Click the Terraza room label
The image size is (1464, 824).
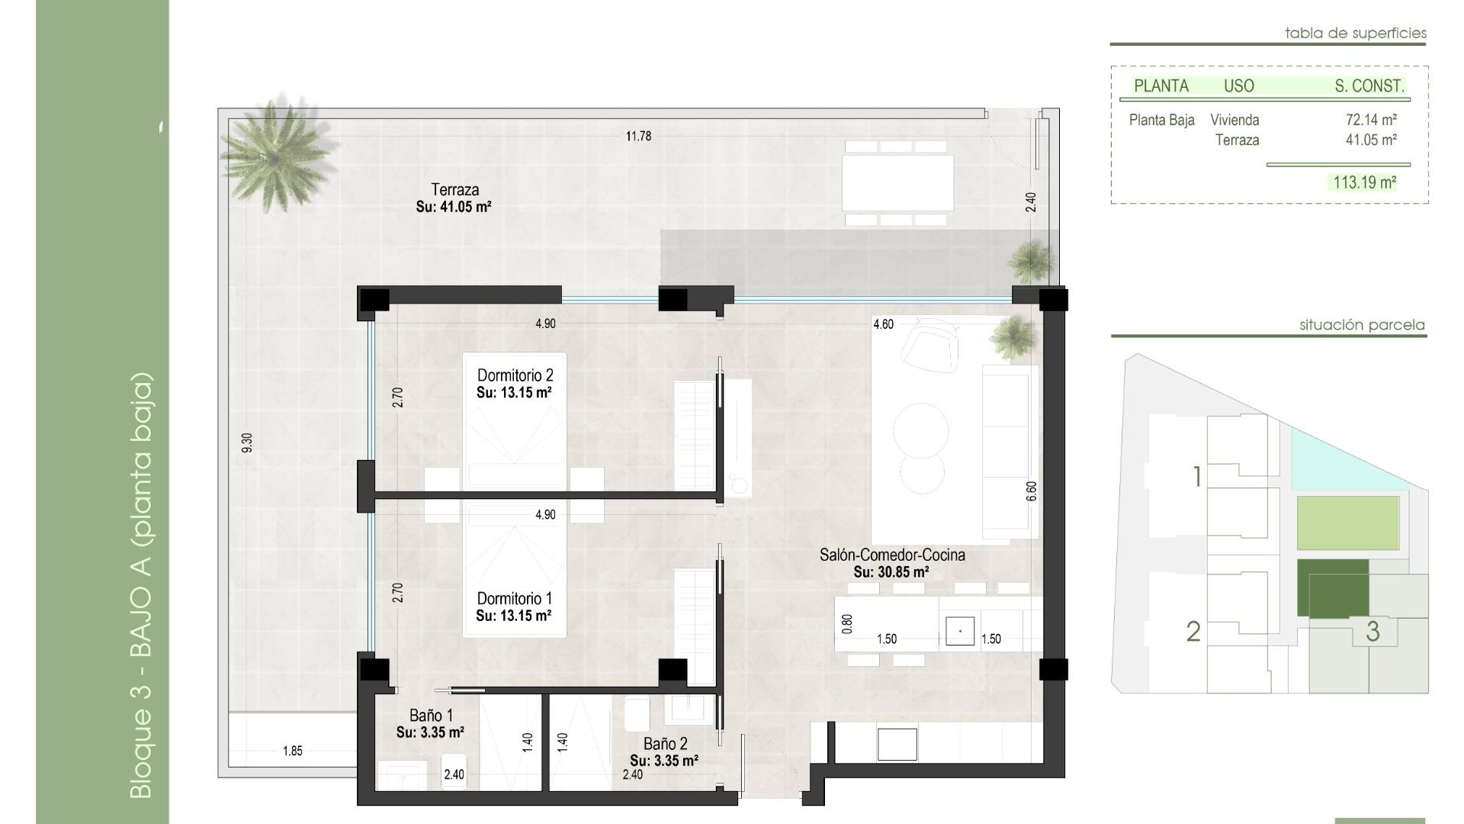pos(454,190)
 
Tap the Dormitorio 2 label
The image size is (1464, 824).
pos(515,375)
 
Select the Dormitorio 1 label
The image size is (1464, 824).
pos(514,599)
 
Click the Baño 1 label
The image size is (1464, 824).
pos(431,716)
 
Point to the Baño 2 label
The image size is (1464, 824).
pos(665,744)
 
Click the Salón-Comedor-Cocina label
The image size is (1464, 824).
pos(892,555)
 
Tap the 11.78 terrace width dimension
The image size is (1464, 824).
pos(638,137)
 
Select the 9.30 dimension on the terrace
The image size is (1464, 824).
pos(246,443)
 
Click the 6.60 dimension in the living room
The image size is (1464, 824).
pos(1032,491)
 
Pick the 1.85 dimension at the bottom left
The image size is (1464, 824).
pos(292,752)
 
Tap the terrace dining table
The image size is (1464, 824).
pos(897,182)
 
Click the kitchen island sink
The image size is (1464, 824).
pos(959,631)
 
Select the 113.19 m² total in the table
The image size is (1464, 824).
pos(1364,182)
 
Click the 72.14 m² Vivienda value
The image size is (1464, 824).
pos(1370,120)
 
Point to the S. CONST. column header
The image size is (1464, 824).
pos(1369,86)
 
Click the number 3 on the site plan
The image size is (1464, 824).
pos(1372,632)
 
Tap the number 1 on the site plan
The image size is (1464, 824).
pos(1196,477)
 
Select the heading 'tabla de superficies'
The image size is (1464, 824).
pos(1355,33)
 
